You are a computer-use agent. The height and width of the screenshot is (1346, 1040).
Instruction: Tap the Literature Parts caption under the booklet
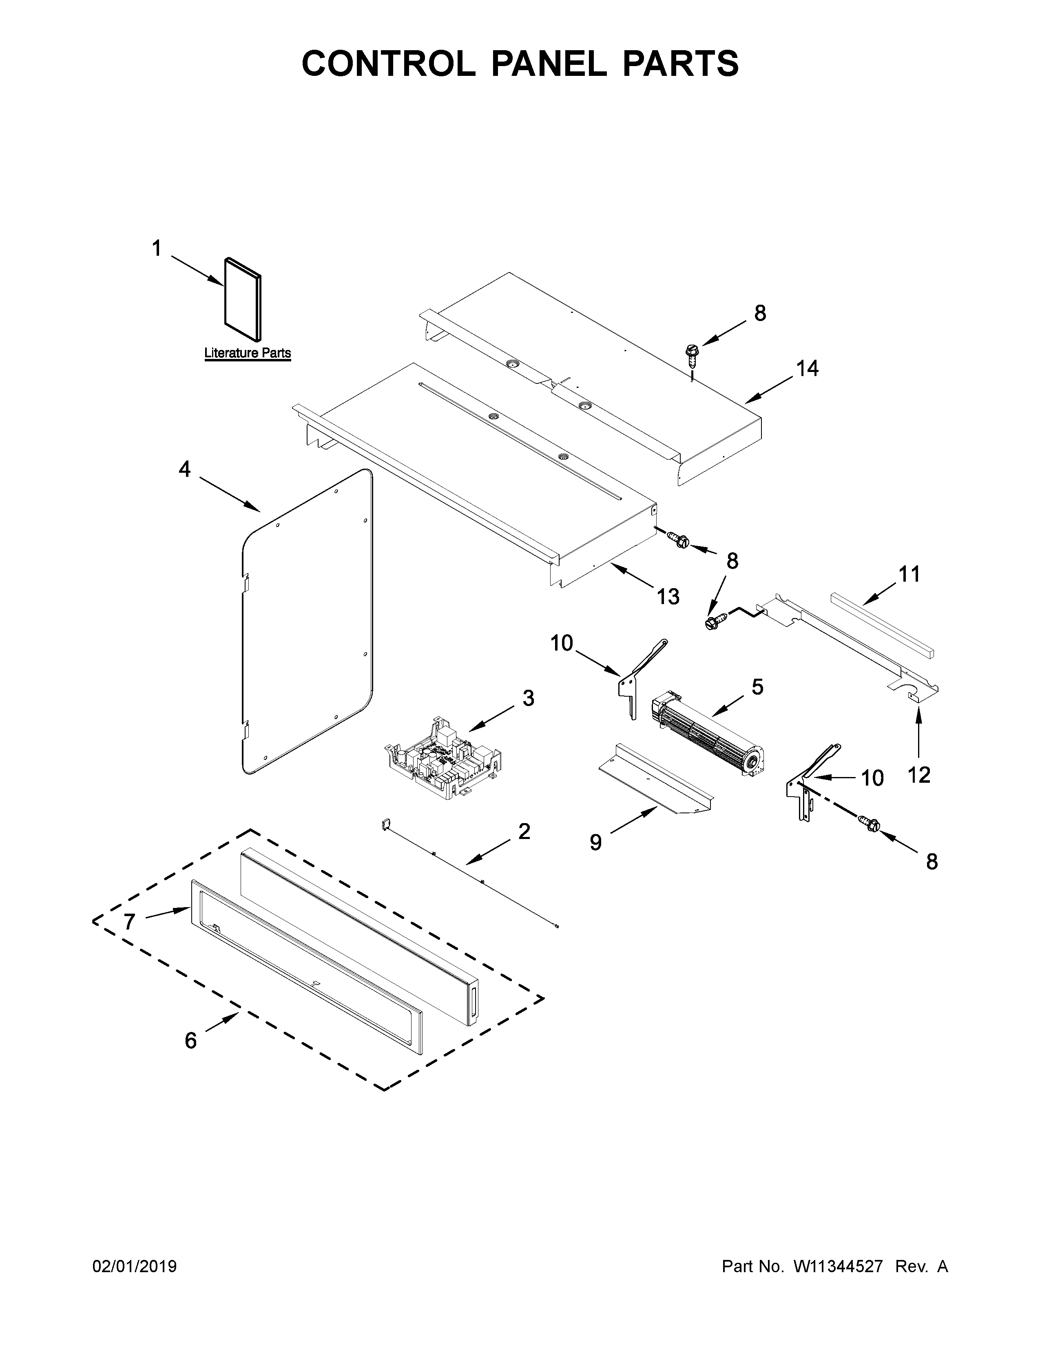247,353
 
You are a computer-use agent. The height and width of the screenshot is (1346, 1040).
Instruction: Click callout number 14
807,369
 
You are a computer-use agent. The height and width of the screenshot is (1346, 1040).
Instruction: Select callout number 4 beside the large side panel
184,469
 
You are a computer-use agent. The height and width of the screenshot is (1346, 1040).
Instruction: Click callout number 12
918,775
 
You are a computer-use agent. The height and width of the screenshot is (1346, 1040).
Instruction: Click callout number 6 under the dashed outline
191,1040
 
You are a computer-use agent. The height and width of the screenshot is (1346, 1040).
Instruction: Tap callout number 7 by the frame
129,922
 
